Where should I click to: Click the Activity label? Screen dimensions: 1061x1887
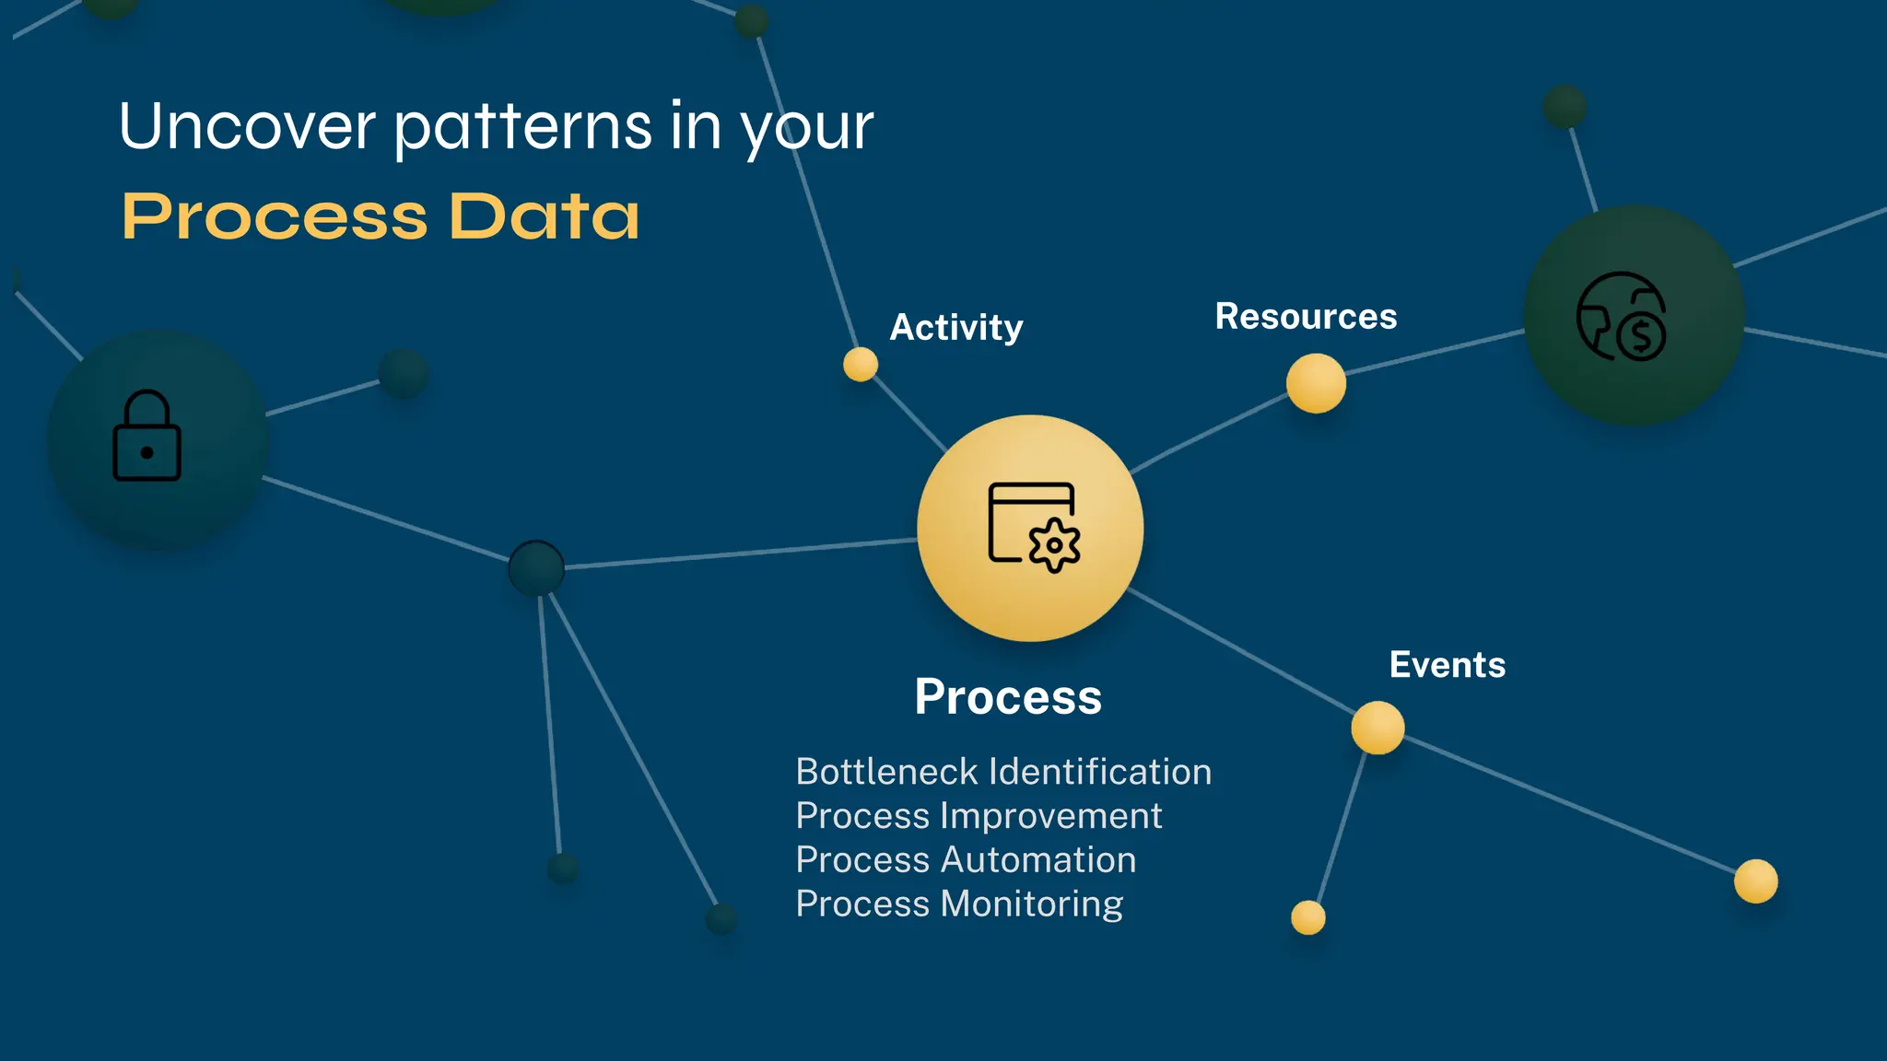click(x=955, y=328)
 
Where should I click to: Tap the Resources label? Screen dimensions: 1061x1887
click(x=1306, y=317)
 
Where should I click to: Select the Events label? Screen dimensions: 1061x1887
click(x=1447, y=665)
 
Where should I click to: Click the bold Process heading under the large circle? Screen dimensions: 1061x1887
click(x=1008, y=696)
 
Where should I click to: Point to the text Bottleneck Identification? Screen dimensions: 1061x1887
click(x=1002, y=772)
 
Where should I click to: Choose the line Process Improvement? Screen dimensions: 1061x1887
click(x=979, y=816)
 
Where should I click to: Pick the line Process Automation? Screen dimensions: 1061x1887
click(x=966, y=860)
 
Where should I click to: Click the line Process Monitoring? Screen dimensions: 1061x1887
click(x=959, y=904)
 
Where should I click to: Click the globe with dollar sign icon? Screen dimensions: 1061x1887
click(x=1622, y=316)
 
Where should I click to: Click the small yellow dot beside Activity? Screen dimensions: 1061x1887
click(x=861, y=365)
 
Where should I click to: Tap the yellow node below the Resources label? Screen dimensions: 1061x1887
click(x=1316, y=383)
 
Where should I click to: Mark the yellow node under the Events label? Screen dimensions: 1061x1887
click(x=1377, y=728)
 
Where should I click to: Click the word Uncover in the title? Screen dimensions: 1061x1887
click(x=247, y=126)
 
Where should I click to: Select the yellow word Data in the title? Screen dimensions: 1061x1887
click(x=544, y=217)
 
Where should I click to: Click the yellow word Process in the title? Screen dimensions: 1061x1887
click(x=275, y=217)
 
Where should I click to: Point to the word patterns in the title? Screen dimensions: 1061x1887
click(x=524, y=126)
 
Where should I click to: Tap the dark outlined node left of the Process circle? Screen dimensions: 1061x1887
click(x=536, y=568)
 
